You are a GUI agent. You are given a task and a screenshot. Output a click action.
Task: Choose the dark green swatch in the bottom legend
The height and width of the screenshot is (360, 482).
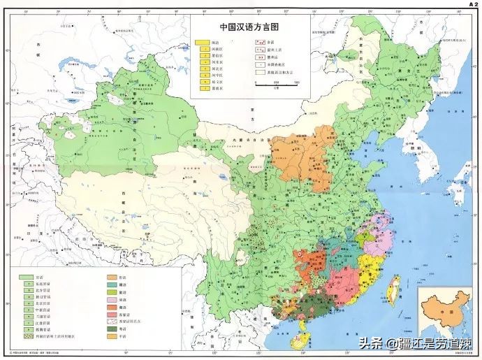tap(112, 328)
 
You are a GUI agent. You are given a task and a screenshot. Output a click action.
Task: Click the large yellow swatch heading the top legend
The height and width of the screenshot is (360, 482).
tap(203, 43)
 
